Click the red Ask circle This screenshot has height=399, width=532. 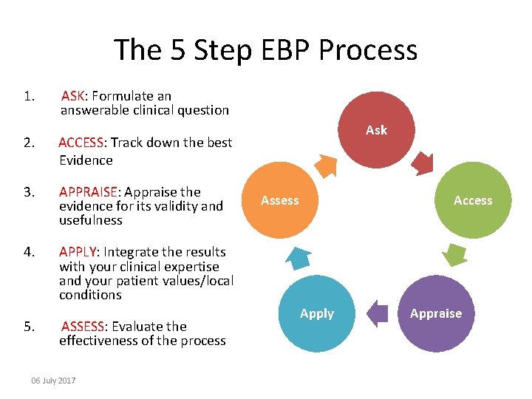[x=376, y=130]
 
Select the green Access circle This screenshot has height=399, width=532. [x=473, y=200]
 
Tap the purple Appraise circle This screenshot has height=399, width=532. [x=436, y=313]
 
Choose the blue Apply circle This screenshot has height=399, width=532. [x=317, y=313]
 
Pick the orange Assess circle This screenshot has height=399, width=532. [x=280, y=200]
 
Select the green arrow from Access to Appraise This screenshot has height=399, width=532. [x=456, y=254]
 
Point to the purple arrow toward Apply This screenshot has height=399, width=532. [x=378, y=313]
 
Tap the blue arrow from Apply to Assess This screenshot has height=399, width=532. [x=297, y=256]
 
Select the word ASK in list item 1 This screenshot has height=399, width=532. [x=73, y=96]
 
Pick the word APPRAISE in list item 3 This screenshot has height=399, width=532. [x=87, y=192]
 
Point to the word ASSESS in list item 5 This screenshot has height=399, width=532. [x=83, y=327]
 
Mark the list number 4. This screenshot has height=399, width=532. [x=28, y=252]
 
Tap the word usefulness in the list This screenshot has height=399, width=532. [x=91, y=220]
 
